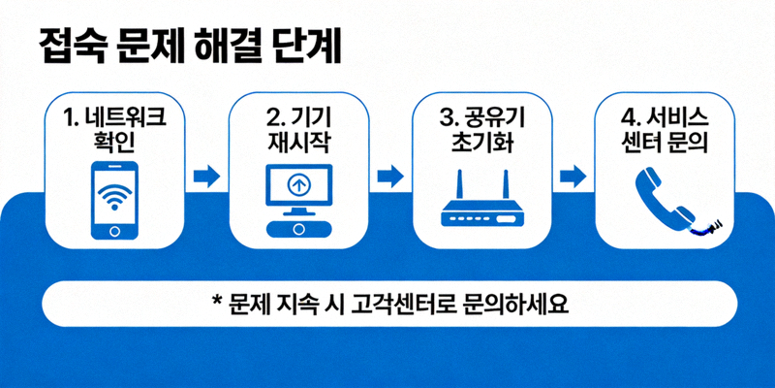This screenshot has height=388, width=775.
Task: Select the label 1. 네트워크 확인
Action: click(x=114, y=132)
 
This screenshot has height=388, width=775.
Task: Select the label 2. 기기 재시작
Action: click(x=298, y=132)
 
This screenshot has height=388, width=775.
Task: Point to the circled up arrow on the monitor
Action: click(x=298, y=184)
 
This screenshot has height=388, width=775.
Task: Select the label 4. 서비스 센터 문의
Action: click(x=664, y=132)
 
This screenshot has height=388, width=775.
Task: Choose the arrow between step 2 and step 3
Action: click(x=389, y=177)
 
